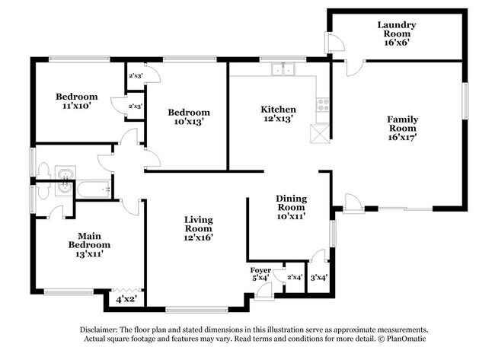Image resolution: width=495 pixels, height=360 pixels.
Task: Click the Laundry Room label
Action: point(397,29)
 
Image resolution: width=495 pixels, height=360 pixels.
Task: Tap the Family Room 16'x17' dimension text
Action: point(403,137)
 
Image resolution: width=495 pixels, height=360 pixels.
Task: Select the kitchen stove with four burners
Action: point(323,105)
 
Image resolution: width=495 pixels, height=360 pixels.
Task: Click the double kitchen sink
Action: point(283,69)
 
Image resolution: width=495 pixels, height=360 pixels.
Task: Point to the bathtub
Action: point(94,190)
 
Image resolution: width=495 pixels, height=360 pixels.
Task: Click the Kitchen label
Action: point(278,110)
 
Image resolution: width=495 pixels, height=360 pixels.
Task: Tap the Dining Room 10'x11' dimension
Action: point(291,216)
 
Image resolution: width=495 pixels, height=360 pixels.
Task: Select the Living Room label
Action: point(199,224)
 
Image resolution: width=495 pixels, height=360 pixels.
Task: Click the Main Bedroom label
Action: point(89,241)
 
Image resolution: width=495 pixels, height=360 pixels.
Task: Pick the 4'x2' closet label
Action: point(126,299)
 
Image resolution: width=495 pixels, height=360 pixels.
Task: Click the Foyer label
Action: point(260,270)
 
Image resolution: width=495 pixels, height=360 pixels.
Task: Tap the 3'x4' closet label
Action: point(319,278)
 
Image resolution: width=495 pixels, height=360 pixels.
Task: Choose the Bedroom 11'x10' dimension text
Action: point(77,106)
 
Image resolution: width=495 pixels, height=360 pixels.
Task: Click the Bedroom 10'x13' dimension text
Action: point(188,122)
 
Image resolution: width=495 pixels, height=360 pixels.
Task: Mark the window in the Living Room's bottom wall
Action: point(196,311)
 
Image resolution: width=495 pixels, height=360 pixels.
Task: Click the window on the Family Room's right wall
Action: point(465,101)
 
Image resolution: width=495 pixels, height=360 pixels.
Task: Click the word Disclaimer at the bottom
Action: point(99,330)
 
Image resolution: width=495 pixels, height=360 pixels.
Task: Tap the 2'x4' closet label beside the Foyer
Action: point(295,277)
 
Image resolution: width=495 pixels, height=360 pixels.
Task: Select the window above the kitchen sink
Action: point(283,59)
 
